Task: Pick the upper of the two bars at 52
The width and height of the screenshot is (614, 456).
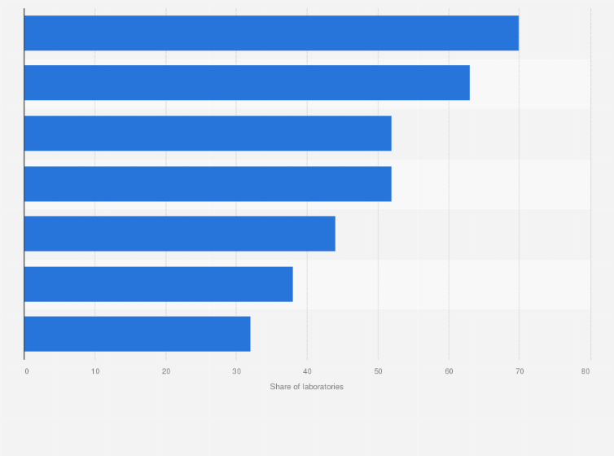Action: pos(208,134)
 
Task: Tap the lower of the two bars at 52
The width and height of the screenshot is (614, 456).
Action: pos(208,184)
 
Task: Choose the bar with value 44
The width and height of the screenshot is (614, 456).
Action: pos(179,234)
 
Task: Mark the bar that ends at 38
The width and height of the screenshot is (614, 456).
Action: pos(158,284)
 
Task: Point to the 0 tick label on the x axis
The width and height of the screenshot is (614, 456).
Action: pos(27,371)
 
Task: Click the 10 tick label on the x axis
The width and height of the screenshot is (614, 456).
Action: pos(95,371)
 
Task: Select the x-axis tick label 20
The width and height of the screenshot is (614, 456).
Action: pos(166,371)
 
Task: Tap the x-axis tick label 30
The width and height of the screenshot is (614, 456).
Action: pos(236,371)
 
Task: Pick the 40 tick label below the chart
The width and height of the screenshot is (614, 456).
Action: pos(307,371)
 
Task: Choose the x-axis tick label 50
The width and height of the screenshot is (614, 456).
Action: pos(378,371)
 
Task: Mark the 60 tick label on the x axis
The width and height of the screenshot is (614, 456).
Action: pos(449,371)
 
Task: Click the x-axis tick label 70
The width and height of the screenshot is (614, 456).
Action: pos(519,371)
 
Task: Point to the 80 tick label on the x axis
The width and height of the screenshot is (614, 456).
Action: pos(585,371)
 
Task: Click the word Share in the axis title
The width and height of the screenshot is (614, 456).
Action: pos(279,387)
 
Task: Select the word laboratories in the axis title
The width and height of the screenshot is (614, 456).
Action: pos(322,387)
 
